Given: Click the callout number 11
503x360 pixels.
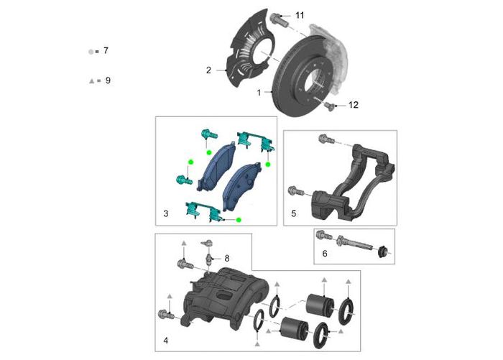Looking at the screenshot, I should point(300,15).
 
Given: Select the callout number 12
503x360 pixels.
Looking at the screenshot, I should point(353,105).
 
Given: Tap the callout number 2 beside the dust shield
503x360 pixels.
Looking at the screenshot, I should point(208,70).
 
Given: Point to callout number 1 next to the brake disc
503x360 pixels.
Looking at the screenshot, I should point(259,93).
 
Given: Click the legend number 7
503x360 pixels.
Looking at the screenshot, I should point(106,51).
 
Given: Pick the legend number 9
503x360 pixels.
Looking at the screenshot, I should point(108,81).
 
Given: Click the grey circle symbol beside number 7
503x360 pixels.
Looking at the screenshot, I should point(91,52).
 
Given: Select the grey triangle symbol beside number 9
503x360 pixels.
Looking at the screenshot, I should point(91,82).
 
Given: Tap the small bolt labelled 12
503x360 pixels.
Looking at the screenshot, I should point(331,106).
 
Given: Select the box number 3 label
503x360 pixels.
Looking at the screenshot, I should point(165,214).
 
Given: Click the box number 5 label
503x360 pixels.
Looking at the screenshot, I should point(293,214).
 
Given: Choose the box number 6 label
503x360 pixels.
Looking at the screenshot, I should point(324,254).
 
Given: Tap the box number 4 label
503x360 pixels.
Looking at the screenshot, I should point(165,339).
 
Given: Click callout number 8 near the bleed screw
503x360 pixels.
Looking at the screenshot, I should point(226,257).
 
